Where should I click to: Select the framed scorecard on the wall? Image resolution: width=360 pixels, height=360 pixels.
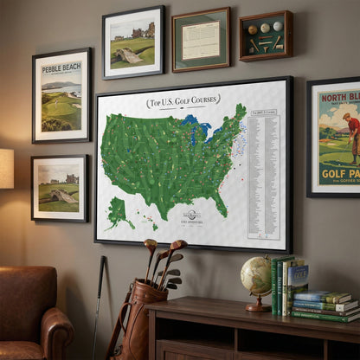[200, 39]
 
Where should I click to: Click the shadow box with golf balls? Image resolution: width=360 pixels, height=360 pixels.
[265, 35]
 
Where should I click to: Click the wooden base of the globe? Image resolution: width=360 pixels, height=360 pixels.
[257, 305]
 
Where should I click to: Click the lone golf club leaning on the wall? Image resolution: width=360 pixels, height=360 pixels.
[99, 303]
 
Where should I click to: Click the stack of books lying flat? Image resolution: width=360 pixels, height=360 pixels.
[325, 305]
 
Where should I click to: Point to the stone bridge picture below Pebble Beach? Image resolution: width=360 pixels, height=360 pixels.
[59, 188]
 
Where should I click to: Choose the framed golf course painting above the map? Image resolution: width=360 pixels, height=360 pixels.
[132, 42]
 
